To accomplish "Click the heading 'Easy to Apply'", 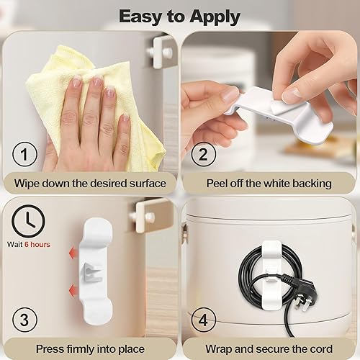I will coord(180,15).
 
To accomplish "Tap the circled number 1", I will coord(25,155).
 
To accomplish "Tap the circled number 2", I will coord(203,155).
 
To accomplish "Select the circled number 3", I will coord(25,319).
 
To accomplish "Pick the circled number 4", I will coord(203,319).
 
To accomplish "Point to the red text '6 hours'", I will coord(38,245).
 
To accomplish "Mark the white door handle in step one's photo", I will coord(159,50).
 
